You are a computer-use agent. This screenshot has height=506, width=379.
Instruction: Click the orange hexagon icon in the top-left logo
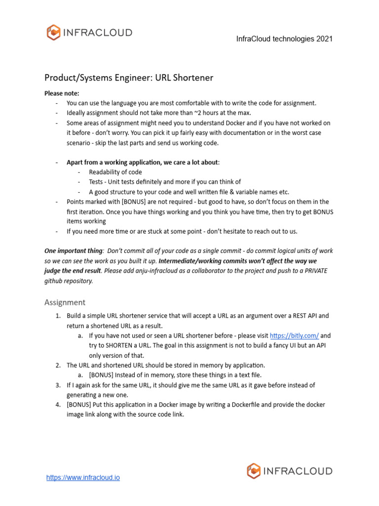click(53, 33)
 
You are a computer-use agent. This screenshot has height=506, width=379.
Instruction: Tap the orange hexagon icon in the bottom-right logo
click(254, 471)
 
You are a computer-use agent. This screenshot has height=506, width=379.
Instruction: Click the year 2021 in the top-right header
click(324, 39)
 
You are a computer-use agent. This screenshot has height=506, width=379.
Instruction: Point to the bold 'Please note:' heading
click(62, 93)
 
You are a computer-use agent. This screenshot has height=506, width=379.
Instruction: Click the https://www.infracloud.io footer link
click(83, 478)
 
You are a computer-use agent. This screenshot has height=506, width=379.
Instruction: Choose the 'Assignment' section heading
click(65, 302)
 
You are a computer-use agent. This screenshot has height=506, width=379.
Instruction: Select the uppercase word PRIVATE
click(313, 271)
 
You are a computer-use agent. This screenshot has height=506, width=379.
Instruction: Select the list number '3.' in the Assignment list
click(57, 385)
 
